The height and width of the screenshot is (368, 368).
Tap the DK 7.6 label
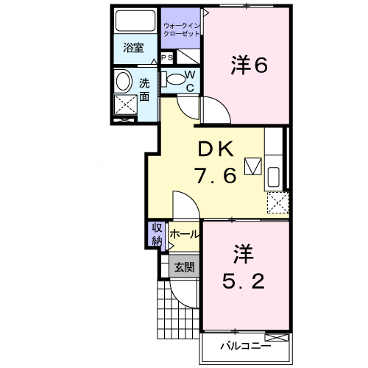point(215,164)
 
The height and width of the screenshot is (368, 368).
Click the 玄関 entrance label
point(184,267)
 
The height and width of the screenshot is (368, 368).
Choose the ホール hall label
point(184,234)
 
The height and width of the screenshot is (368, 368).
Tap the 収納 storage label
point(157,235)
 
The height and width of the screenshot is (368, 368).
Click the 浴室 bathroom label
point(133,49)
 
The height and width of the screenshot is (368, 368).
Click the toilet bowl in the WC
point(175,79)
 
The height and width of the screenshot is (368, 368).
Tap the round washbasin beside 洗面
point(124,80)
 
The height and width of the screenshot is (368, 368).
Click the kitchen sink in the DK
point(273,177)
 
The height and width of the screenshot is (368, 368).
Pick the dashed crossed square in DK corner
point(277,201)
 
